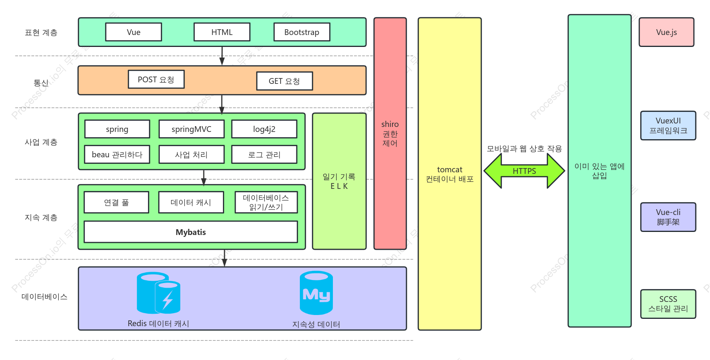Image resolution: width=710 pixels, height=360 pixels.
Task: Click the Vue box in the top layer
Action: [133, 32]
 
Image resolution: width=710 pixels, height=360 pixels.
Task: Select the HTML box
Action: [222, 32]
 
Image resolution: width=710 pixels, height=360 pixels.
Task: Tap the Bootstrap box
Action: [302, 32]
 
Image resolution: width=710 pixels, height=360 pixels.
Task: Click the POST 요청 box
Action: [156, 79]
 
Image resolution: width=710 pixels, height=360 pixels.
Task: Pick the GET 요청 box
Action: [284, 81]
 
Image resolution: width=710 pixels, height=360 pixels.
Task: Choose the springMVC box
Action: [191, 129]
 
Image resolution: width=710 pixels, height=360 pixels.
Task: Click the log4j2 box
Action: [264, 129]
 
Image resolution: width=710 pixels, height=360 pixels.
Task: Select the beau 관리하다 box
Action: [117, 154]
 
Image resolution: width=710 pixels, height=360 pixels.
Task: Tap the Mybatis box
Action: [191, 232]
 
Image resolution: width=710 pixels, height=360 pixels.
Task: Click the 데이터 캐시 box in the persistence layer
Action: [191, 202]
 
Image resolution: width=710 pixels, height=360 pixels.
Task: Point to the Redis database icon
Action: [158, 293]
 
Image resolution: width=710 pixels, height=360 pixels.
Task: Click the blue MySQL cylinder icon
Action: [316, 293]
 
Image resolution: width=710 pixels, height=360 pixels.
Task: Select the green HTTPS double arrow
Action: [524, 171]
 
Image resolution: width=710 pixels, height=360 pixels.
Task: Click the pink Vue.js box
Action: [667, 32]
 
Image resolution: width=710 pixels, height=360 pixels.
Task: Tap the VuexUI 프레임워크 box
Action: [668, 125]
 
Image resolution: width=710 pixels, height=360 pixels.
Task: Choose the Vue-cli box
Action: [668, 217]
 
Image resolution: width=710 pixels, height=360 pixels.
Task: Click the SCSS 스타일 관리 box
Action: [668, 304]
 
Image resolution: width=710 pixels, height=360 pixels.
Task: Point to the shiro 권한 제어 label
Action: [390, 133]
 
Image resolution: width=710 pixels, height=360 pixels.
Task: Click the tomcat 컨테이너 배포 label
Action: [450, 174]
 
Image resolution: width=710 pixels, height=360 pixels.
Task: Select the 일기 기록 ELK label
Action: [339, 181]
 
